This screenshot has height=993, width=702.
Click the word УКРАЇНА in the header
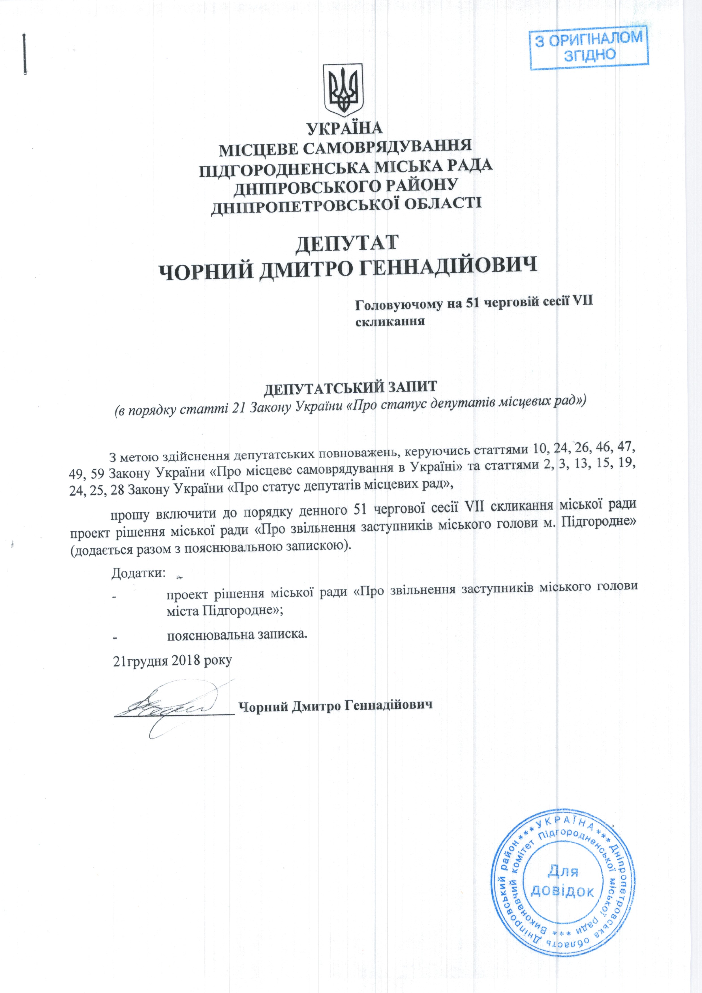coord(345,129)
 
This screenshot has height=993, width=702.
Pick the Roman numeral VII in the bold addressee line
coord(582,303)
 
